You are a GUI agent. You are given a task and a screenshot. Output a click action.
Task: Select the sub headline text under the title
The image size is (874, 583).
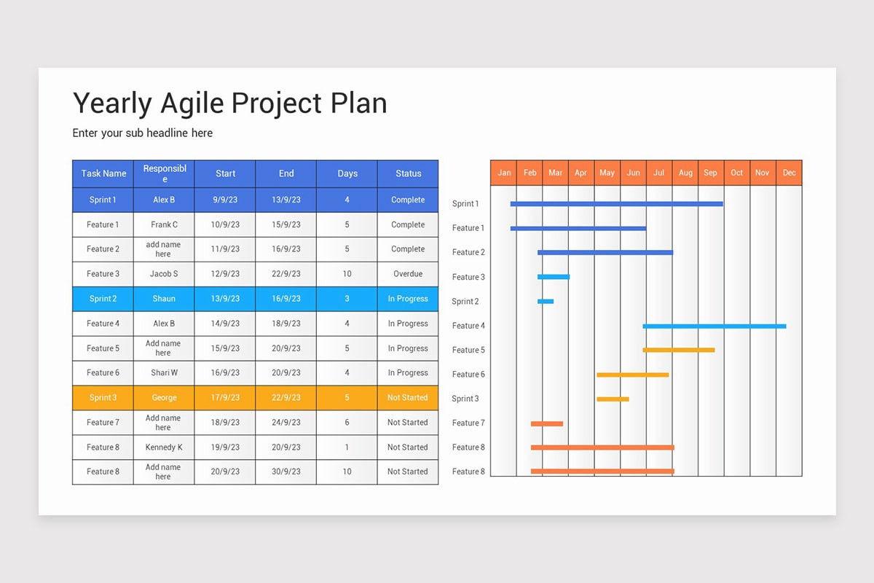coord(143,133)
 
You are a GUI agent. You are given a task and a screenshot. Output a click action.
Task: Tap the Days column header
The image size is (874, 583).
coord(347,173)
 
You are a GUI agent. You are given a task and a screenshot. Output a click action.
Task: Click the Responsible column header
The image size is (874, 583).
coord(165,173)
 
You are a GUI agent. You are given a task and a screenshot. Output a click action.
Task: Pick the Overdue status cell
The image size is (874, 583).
coord(408,274)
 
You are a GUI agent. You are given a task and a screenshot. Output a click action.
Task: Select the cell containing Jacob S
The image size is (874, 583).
coord(164,274)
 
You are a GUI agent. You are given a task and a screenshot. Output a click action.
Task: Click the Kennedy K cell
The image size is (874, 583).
coord(164,447)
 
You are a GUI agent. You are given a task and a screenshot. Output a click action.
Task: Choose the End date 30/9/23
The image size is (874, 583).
coord(286,472)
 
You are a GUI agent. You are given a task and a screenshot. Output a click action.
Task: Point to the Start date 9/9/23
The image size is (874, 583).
coord(225,200)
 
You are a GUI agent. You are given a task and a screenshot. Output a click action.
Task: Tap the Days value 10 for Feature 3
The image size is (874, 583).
coord(347,274)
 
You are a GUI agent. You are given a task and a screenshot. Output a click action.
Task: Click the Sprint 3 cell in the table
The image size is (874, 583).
coord(103,398)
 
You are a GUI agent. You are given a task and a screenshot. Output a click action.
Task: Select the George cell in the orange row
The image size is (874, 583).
coord(164,398)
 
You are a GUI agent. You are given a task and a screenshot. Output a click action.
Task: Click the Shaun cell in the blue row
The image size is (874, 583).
coord(164,299)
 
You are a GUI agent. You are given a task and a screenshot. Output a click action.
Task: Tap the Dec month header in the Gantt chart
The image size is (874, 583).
coord(790,173)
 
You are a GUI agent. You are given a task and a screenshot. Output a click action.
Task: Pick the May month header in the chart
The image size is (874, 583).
coord(607,173)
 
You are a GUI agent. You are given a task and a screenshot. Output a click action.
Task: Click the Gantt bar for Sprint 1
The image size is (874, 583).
coord(616,204)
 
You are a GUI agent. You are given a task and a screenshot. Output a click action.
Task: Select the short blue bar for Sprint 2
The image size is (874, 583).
coord(546,301)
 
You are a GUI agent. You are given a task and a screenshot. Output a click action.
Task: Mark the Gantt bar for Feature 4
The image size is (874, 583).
coord(714,326)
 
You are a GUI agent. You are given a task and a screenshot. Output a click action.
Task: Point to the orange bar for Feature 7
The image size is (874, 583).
coord(546,423)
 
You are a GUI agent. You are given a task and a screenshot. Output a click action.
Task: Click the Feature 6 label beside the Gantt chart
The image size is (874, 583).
coord(468,375)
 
